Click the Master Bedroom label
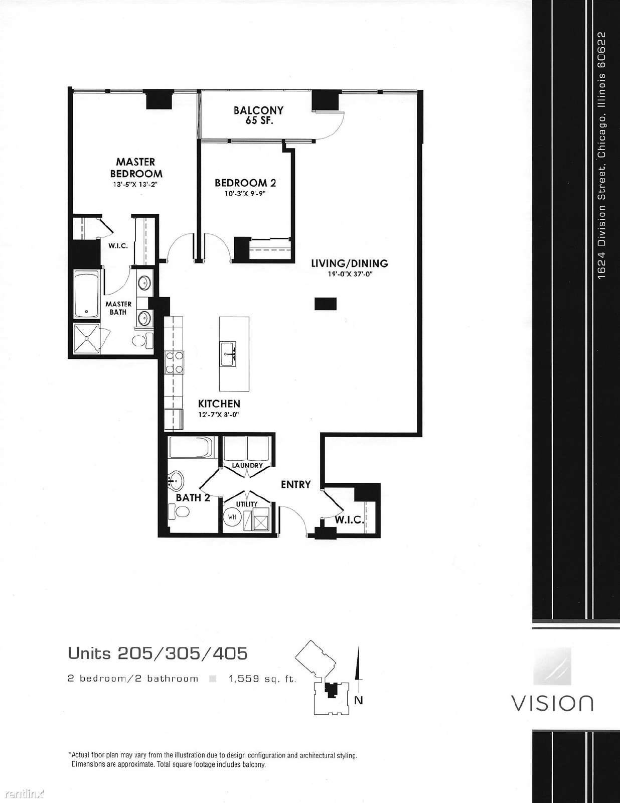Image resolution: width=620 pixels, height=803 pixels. point(136,168)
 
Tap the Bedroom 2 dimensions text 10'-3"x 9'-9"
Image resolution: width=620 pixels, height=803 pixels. point(245,193)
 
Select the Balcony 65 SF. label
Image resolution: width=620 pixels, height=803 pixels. point(258,115)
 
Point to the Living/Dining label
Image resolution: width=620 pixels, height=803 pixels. point(350,263)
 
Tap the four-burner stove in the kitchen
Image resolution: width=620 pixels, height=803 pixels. point(174,362)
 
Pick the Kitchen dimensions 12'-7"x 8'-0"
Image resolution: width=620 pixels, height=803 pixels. point(219,415)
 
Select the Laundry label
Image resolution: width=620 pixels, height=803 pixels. point(247,465)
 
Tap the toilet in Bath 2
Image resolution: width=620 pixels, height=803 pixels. point(179,512)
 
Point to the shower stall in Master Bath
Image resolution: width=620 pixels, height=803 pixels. point(87,339)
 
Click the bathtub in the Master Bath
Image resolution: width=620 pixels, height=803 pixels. point(86,294)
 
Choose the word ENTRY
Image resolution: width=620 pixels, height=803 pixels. point(296,484)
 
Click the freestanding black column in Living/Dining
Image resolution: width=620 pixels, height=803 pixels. point(326,304)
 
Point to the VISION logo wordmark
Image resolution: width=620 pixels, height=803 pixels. point(552,703)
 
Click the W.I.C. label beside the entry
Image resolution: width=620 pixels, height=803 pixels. point(349,520)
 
